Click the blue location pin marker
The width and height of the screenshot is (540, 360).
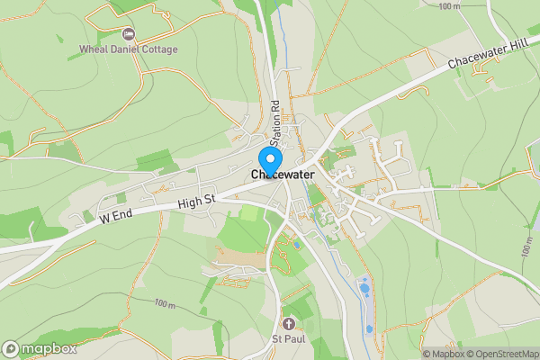point(269,150)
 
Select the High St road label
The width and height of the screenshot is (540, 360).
point(195,204)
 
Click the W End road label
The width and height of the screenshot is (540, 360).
point(117,218)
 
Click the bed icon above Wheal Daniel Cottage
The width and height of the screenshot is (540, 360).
point(128,34)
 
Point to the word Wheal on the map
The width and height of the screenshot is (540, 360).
point(94,49)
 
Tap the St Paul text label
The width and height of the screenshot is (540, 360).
point(289,339)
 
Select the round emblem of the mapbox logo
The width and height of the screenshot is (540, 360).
point(11,348)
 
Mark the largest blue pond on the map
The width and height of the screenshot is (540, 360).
point(365,289)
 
